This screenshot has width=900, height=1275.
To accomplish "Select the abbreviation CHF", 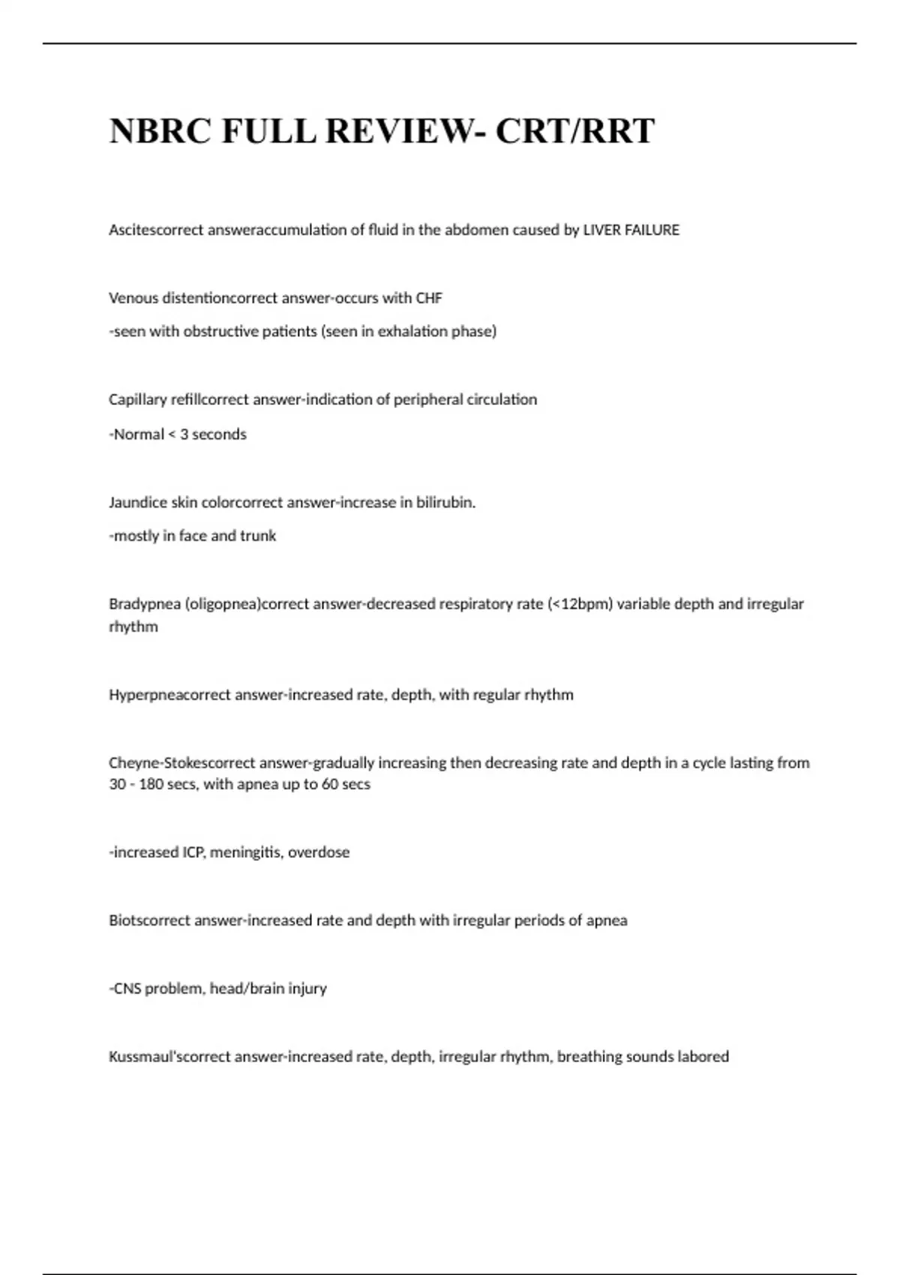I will pos(429,298).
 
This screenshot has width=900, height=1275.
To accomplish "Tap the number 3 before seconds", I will pos(184,434).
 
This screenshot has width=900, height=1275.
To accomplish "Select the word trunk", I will pos(258,535).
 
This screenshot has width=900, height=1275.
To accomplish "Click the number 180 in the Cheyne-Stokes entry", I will pos(151,784).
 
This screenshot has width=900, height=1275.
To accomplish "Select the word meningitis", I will pos(245,853).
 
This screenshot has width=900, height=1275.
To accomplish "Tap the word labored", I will pos(703,1057).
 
